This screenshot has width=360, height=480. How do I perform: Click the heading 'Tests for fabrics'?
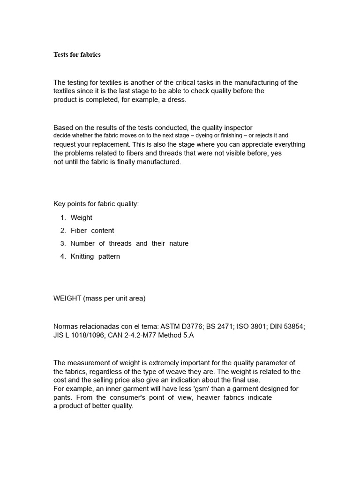(x=77, y=54)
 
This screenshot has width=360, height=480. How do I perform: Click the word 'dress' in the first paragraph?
(x=176, y=100)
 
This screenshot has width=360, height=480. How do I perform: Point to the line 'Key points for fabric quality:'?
(x=96, y=204)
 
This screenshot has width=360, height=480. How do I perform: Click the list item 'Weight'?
(x=82, y=217)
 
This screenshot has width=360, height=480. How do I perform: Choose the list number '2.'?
(x=63, y=231)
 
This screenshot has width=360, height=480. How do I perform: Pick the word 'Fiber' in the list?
(x=79, y=231)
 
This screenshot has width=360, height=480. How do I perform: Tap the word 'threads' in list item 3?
(x=120, y=243)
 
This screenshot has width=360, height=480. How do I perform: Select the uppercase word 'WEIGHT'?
(x=67, y=299)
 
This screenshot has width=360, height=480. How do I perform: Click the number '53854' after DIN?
(x=295, y=326)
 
